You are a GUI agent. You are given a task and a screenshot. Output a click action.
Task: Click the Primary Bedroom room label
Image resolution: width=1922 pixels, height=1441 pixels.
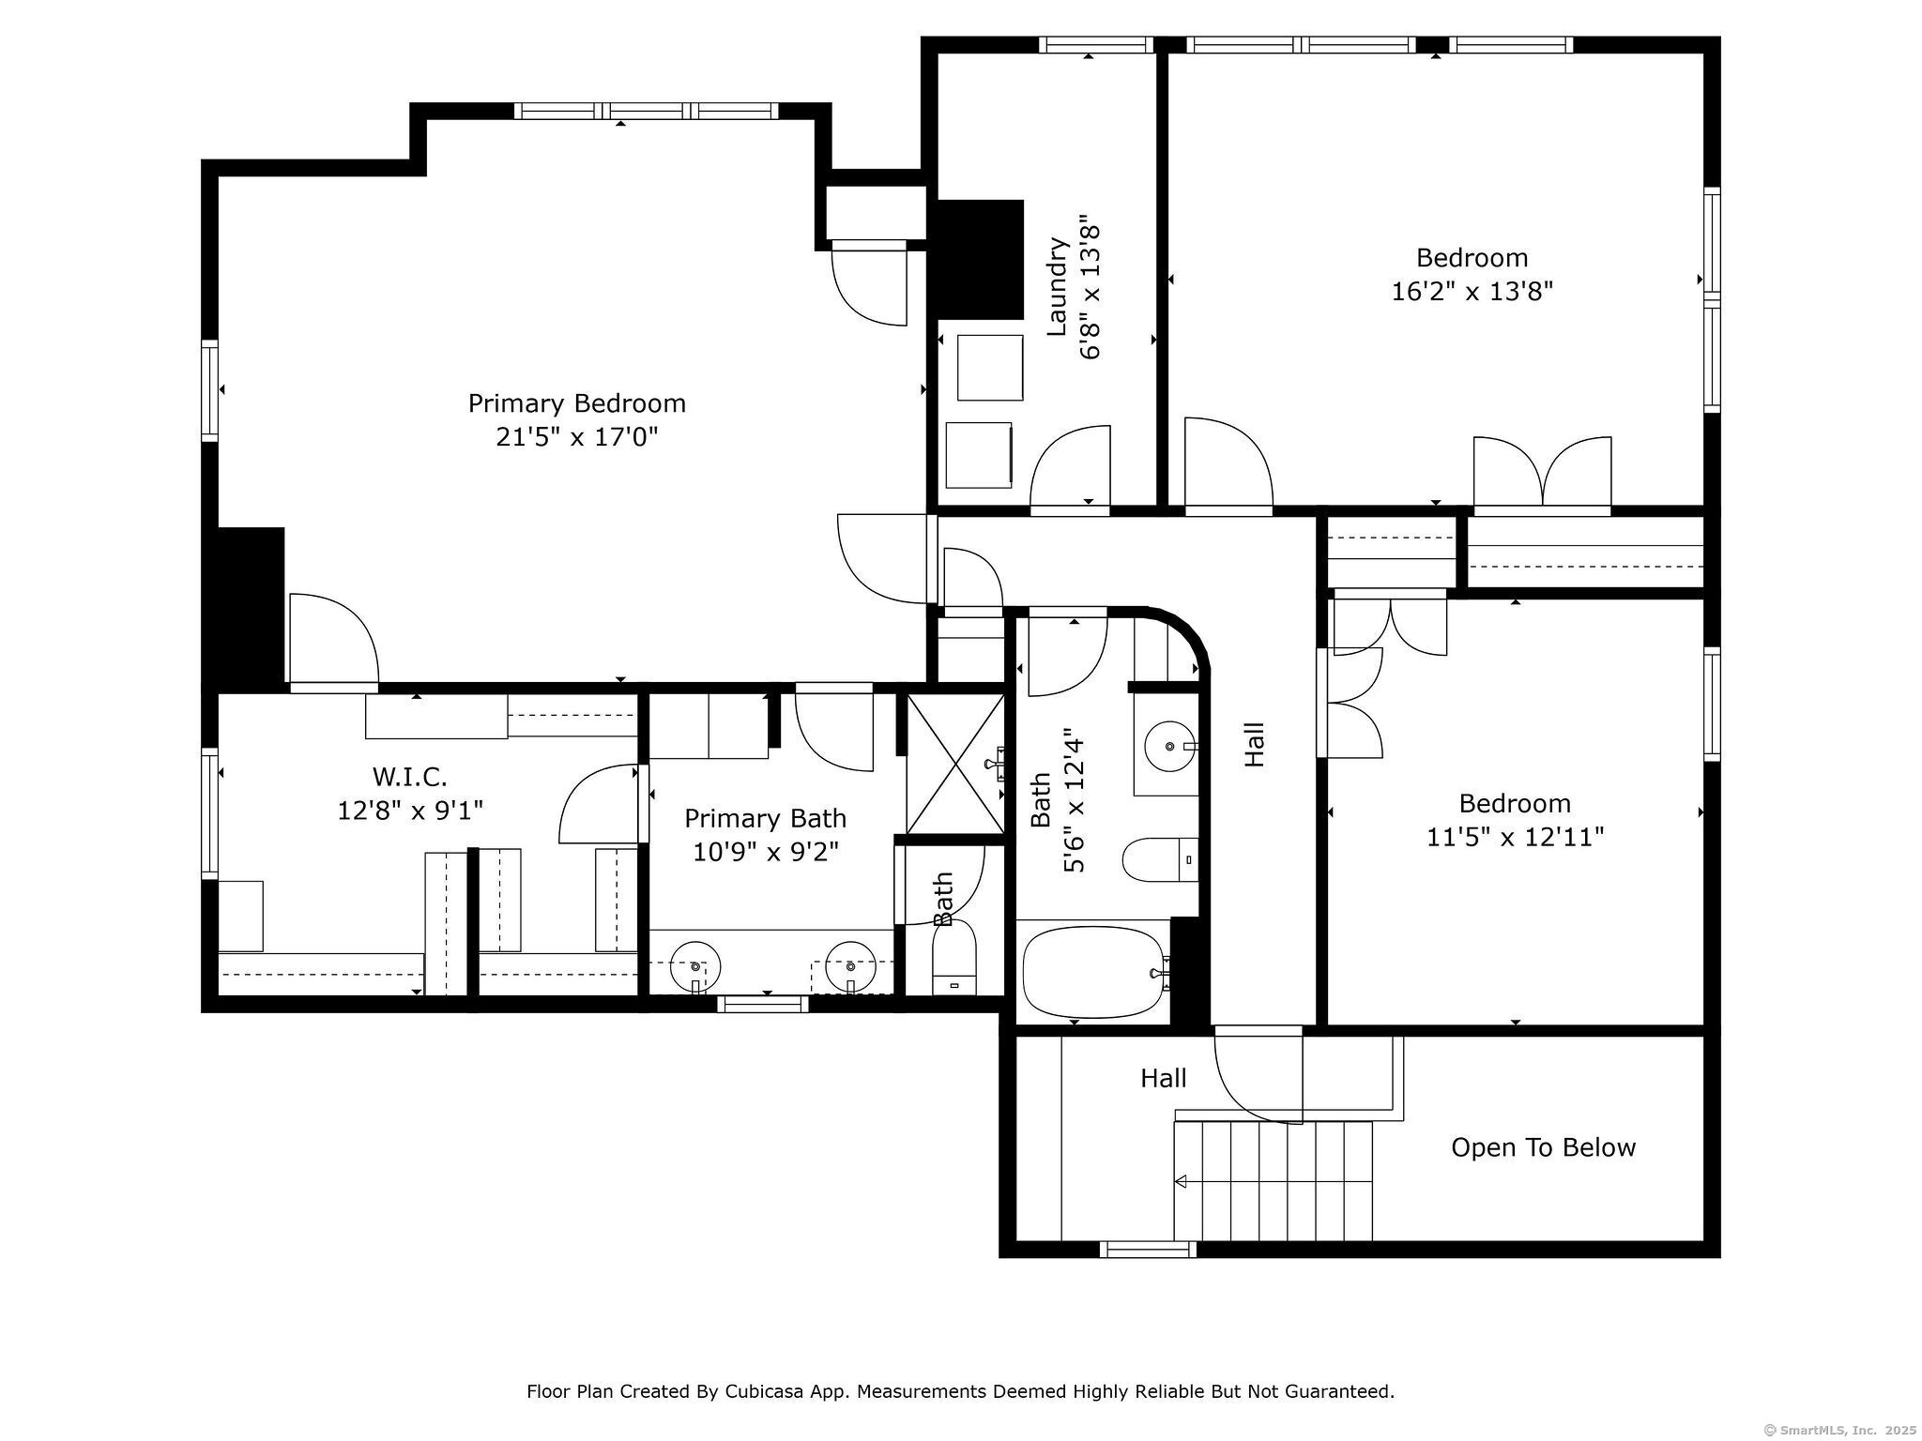[577, 403]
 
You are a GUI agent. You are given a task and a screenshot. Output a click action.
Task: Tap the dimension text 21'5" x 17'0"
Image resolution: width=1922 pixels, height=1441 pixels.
[577, 437]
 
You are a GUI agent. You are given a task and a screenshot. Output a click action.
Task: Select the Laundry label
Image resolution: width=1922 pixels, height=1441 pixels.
[1058, 287]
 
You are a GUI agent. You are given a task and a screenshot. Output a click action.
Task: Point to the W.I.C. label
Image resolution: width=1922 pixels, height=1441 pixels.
[410, 776]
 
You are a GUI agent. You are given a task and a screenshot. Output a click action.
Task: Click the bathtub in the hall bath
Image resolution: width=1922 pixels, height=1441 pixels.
[1095, 972]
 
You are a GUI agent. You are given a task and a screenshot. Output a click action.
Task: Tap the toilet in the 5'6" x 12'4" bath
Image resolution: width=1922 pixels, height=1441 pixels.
[1160, 859]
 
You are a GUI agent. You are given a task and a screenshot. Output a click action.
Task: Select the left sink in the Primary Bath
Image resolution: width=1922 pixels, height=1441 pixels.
[695, 966]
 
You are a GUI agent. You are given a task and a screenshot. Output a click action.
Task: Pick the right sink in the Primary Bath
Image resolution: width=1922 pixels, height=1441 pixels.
[850, 966]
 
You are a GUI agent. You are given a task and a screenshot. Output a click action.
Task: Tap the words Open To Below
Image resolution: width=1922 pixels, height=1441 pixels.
[1543, 1147]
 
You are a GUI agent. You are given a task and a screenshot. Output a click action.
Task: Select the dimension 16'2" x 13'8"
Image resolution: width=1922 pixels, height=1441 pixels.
[1472, 291]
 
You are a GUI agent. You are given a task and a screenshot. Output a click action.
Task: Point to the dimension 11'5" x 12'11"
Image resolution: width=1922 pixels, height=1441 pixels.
[1515, 837]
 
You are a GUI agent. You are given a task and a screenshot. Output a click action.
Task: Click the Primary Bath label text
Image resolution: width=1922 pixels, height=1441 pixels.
[765, 819]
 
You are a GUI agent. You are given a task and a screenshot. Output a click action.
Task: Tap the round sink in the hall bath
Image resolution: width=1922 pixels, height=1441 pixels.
[1169, 747]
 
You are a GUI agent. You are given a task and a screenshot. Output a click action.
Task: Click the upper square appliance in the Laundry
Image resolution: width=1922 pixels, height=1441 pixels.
[990, 368]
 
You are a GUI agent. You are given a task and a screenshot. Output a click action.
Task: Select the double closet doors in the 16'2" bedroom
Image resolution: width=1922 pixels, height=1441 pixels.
[1542, 473]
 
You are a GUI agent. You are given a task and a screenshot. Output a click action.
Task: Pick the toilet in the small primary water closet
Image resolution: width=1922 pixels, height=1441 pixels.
[954, 958]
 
